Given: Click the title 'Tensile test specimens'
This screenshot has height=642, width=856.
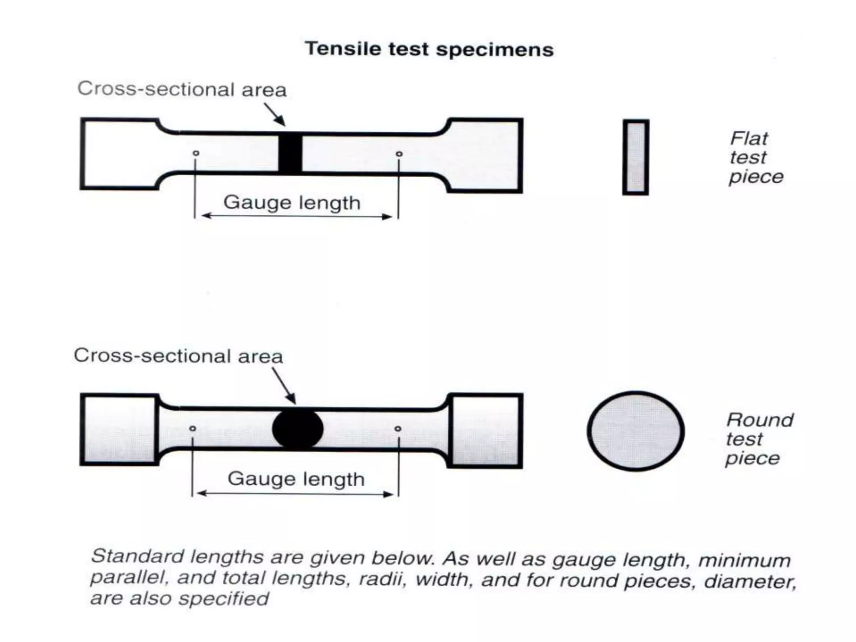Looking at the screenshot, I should (429, 49).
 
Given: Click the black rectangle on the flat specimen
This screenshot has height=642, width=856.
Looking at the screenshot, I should (290, 153).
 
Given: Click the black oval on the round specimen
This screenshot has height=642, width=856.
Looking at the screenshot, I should (298, 429).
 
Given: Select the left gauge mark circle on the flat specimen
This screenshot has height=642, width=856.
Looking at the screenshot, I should (196, 153).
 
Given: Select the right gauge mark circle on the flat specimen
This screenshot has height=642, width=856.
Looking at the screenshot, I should (399, 154).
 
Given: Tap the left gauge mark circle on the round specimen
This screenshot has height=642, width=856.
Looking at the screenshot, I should (193, 428).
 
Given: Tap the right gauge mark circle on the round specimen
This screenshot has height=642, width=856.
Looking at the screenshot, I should (398, 428).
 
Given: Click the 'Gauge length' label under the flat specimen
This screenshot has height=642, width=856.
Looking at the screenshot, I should (292, 203).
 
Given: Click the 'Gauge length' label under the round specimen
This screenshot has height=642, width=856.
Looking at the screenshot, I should (296, 479).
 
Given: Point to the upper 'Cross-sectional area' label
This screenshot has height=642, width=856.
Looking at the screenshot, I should (182, 89).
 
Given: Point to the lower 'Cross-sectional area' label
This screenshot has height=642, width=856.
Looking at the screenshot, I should (178, 356).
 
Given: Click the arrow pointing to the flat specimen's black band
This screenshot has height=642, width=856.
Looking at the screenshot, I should (275, 114).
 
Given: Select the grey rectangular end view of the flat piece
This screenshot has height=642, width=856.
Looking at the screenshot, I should (636, 157).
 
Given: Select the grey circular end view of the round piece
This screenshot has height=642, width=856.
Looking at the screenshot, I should (636, 431).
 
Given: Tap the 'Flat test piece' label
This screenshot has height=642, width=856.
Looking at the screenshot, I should (755, 158).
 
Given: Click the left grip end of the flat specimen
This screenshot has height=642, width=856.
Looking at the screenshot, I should (119, 154).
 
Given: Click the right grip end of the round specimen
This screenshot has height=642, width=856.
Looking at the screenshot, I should (485, 431).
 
